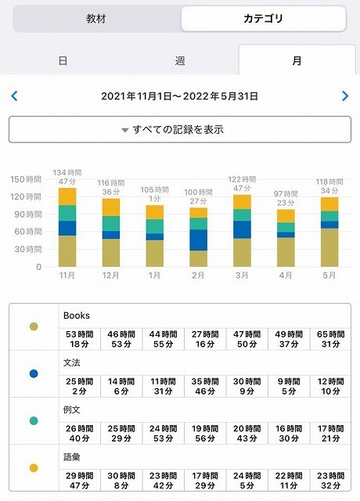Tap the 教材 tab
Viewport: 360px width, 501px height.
tap(96, 19)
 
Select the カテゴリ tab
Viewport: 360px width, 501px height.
tap(263, 19)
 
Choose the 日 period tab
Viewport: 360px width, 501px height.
tap(63, 60)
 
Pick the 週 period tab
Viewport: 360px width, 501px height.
tap(180, 60)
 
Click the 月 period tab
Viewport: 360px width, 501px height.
tap(297, 60)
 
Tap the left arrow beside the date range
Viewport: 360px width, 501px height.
tap(14, 96)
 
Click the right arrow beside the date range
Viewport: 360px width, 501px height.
tap(345, 96)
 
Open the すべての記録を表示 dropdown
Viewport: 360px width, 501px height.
tap(180, 129)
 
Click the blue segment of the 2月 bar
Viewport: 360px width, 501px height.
tap(199, 240)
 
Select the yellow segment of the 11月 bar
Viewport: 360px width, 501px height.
tap(67, 196)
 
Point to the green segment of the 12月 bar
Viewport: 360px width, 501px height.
tap(111, 223)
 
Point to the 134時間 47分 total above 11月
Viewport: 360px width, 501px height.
tap(67, 177)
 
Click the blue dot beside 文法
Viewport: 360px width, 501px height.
tap(33, 373)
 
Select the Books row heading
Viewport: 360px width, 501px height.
tap(77, 315)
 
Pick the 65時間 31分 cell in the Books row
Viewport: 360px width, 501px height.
tap(329, 338)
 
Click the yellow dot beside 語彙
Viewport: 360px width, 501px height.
tap(33, 467)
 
